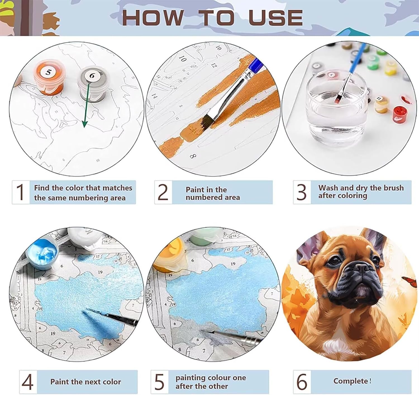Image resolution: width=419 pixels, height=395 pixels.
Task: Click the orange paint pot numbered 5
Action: [x=49, y=77]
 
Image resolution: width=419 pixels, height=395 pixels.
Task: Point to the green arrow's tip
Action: [x=85, y=127]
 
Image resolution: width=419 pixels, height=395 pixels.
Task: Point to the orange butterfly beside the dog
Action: [x=410, y=282]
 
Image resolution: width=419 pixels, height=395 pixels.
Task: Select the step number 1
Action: [x=20, y=192]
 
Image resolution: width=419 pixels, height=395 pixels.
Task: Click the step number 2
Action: [x=163, y=192]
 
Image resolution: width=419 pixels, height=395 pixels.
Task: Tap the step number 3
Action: [x=301, y=192]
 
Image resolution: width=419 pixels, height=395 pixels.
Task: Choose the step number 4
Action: [x=27, y=382]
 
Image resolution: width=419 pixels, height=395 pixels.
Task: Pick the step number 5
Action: [x=160, y=382]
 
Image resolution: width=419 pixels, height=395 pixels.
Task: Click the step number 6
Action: [x=302, y=382]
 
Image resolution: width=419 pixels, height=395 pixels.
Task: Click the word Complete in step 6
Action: [x=351, y=381]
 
